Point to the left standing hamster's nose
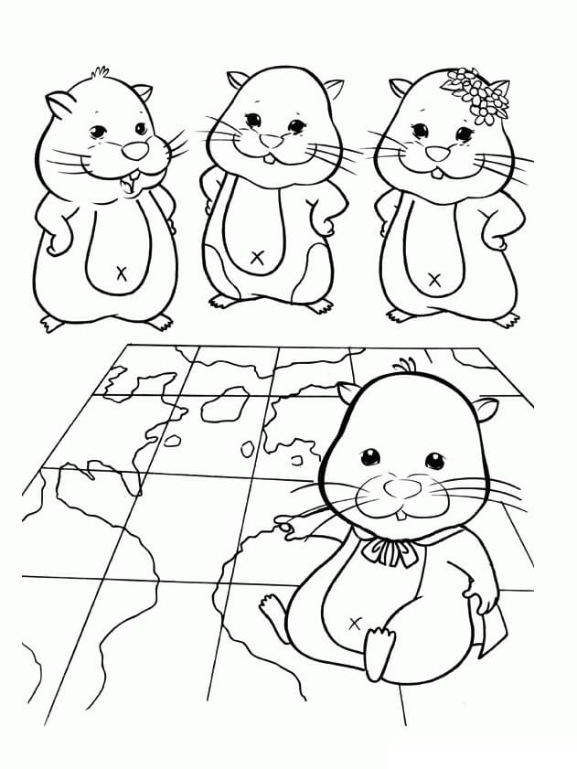coord(134,149)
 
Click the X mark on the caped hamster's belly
coord(355,623)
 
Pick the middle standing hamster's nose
coord(272,141)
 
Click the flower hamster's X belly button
coord(435,279)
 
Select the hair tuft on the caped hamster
coord(403,367)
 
